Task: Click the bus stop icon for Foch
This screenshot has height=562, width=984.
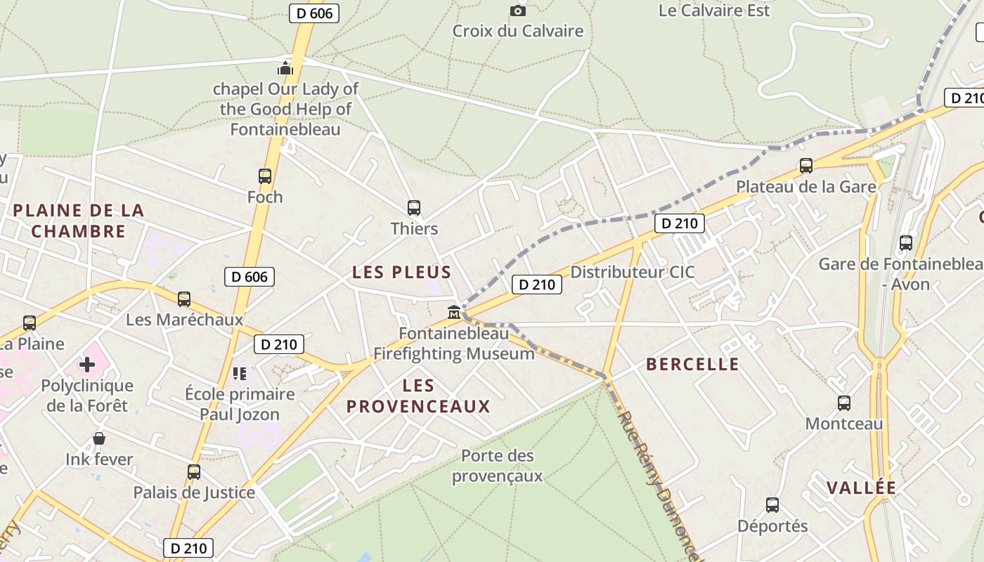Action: (x=265, y=176)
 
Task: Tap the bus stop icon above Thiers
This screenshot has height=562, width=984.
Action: (x=414, y=208)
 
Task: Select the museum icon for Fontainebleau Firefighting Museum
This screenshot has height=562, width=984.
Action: (x=454, y=312)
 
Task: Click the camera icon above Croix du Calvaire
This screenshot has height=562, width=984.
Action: (x=518, y=11)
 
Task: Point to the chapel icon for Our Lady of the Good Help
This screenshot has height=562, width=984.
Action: (x=285, y=68)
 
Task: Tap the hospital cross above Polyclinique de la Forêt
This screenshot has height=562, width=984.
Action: (x=87, y=365)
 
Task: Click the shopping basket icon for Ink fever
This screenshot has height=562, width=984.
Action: (x=99, y=439)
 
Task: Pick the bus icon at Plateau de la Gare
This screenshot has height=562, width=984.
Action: (x=806, y=166)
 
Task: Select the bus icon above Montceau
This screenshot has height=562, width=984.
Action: (x=844, y=403)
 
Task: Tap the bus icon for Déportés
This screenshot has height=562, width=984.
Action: (x=772, y=505)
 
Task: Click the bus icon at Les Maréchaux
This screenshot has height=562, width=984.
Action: (x=184, y=299)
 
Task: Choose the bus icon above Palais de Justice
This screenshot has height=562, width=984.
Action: (x=194, y=472)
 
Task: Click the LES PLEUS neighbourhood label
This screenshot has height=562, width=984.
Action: (x=401, y=273)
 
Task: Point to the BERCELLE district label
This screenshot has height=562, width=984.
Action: (x=692, y=364)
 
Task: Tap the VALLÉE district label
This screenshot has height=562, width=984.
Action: (x=861, y=488)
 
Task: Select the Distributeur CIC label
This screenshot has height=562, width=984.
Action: (x=632, y=273)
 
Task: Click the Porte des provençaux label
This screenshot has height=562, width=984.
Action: (x=498, y=466)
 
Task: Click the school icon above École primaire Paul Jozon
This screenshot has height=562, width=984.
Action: (x=240, y=373)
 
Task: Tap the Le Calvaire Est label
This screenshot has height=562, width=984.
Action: (x=714, y=11)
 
